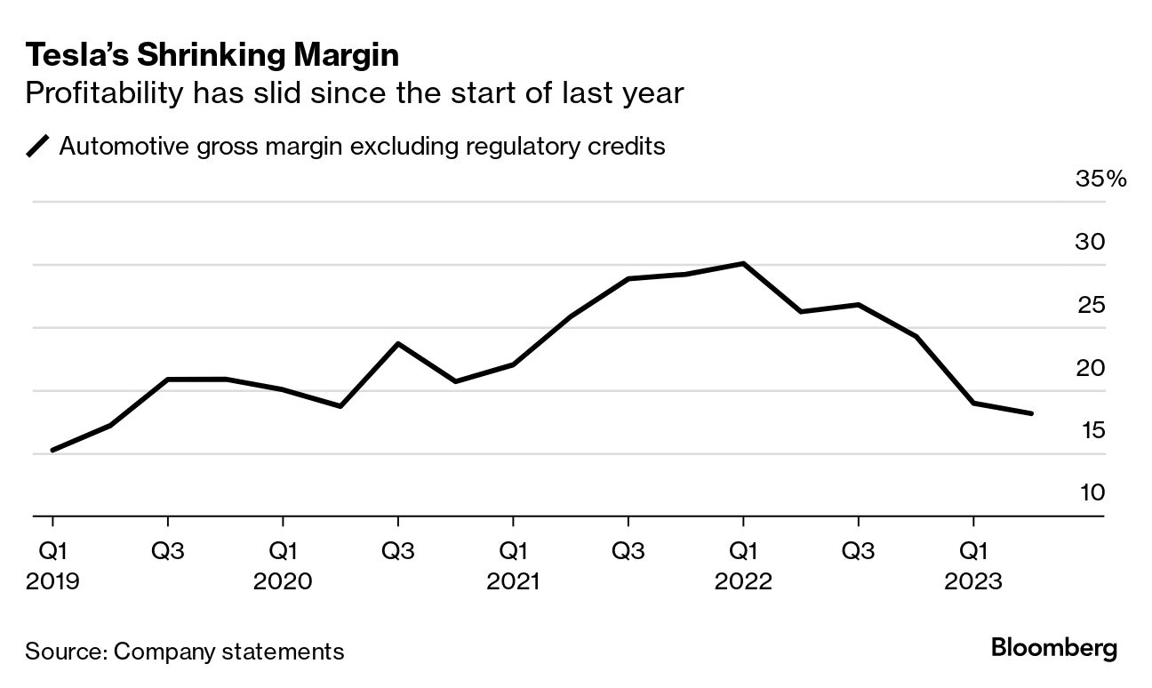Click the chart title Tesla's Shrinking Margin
212,56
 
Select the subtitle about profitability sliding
354,92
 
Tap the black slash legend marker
38,146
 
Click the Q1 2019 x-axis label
52,566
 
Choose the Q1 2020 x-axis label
283,566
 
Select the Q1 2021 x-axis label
513,566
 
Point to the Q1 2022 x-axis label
743,566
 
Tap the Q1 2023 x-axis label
974,566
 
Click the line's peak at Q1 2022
743,263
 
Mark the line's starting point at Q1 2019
52,450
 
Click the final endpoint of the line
1031,413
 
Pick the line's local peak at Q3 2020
397,343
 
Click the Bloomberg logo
1054,649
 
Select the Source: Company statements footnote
184,651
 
